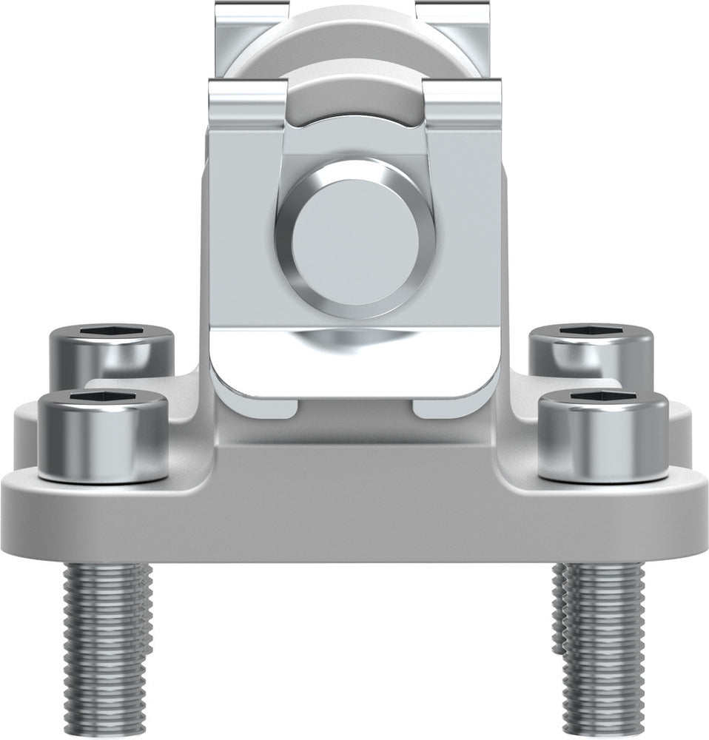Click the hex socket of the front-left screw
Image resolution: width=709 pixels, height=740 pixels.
[x=102, y=397]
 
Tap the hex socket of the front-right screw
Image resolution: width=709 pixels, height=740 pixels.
[x=602, y=397]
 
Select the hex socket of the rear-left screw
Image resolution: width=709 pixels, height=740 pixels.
[x=112, y=331]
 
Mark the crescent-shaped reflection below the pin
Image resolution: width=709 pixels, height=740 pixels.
[x=348, y=340]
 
